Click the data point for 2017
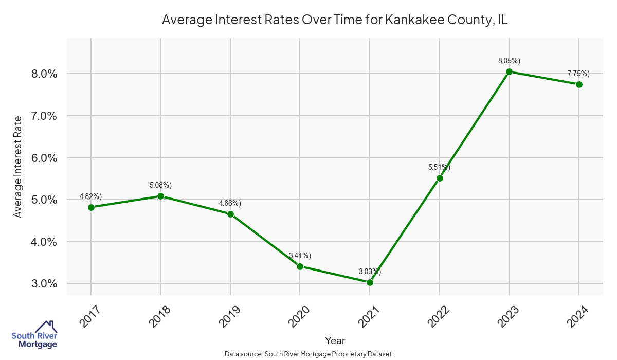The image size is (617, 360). [91, 207]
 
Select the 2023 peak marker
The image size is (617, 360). [509, 71]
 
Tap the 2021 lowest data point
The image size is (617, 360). [370, 282]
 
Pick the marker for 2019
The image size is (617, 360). [230, 214]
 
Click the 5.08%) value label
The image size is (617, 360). [160, 185]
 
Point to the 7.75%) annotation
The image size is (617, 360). [578, 74]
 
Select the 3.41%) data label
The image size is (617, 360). [300, 256]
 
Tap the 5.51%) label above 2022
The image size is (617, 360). [439, 167]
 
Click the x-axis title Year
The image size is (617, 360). [335, 340]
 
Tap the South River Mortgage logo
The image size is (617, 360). [35, 335]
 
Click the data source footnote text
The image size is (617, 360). [308, 354]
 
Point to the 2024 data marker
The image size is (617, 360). [579, 84]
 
